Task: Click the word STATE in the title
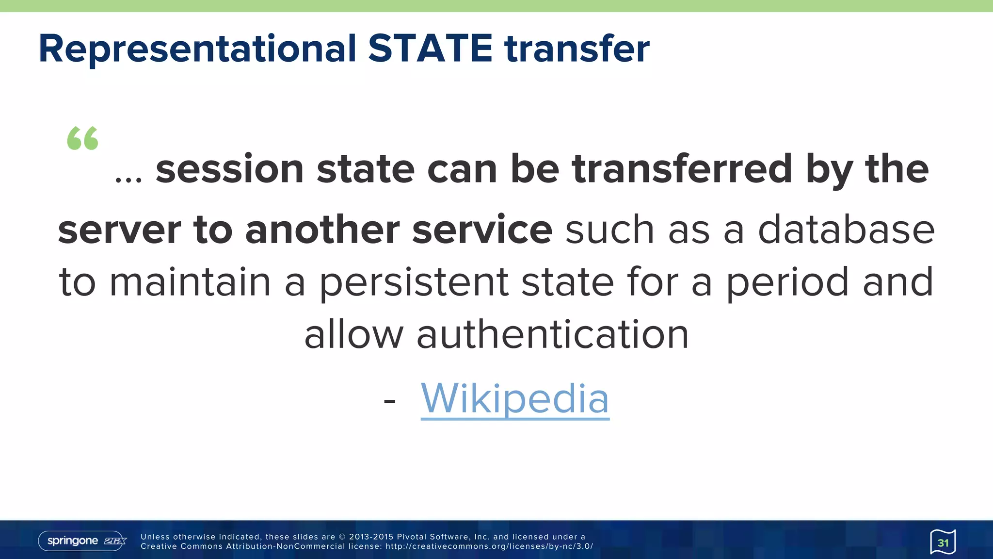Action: (430, 49)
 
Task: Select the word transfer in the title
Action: (577, 49)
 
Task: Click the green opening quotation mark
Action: (82, 138)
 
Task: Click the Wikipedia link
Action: (515, 398)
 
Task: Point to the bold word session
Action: (229, 169)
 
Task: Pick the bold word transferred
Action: (682, 169)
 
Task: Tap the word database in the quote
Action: (846, 230)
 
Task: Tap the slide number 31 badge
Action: (943, 542)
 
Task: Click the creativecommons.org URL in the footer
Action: (489, 546)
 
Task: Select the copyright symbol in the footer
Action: (342, 537)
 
